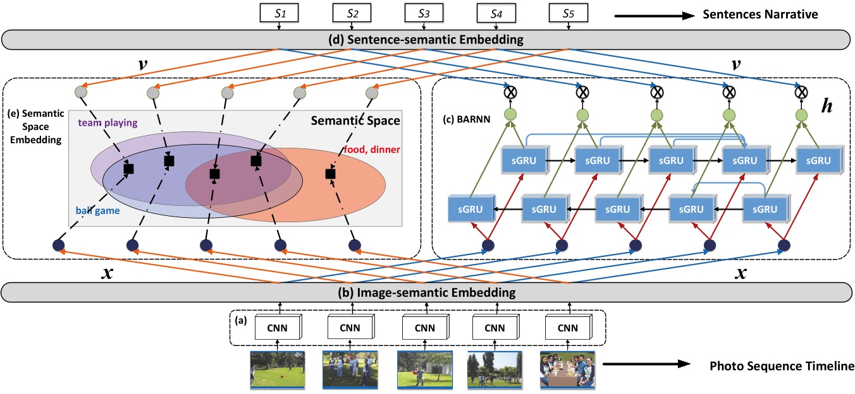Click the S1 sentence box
278,13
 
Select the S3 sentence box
423,13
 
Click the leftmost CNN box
277,328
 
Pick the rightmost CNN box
567,328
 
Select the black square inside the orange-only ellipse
329,173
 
